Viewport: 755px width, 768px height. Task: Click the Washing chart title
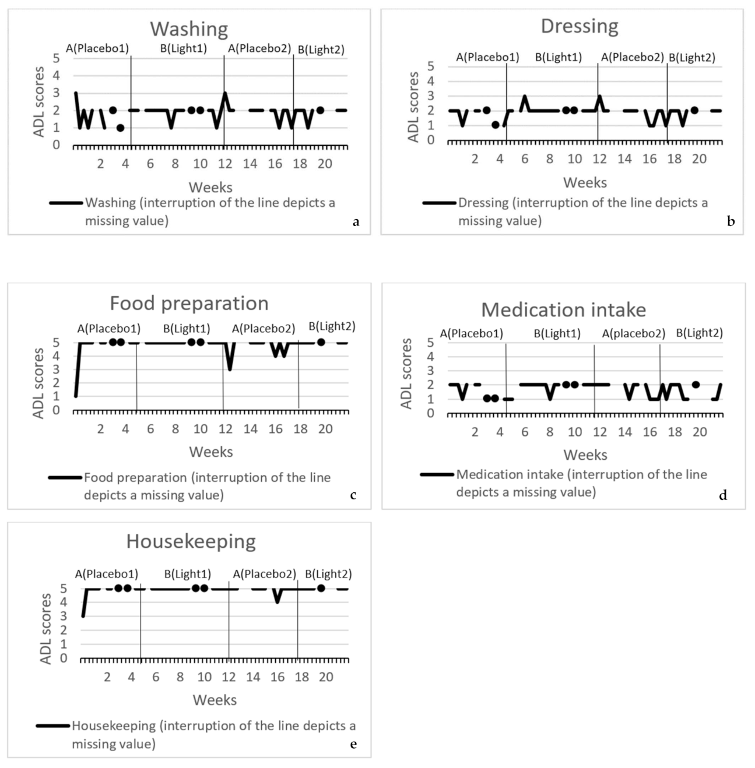point(189,29)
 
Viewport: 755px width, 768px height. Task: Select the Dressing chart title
point(579,26)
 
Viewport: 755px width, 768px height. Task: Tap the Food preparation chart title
point(189,303)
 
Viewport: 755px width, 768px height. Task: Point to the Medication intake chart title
point(563,309)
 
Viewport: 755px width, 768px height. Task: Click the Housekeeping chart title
point(191,541)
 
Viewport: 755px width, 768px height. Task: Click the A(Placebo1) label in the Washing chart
point(97,48)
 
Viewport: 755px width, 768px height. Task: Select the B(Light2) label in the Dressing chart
point(691,58)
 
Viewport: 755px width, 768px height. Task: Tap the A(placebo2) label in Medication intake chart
point(633,333)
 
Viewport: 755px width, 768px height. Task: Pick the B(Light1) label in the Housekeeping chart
point(187,574)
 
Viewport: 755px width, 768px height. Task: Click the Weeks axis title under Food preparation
point(210,452)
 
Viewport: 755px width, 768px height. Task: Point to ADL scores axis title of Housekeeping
point(45,629)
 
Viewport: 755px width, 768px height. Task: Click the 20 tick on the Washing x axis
point(325,164)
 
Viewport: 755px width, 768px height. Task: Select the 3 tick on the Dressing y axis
point(431,96)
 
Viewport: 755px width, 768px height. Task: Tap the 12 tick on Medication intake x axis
point(599,432)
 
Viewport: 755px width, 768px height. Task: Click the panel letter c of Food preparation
point(353,495)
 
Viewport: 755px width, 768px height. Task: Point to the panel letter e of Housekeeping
point(353,744)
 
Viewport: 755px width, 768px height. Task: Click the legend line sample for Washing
point(66,203)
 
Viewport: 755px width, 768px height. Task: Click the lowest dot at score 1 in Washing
point(120,128)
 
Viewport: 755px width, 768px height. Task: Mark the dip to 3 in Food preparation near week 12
point(230,368)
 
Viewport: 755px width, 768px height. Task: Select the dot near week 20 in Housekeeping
point(321,588)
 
